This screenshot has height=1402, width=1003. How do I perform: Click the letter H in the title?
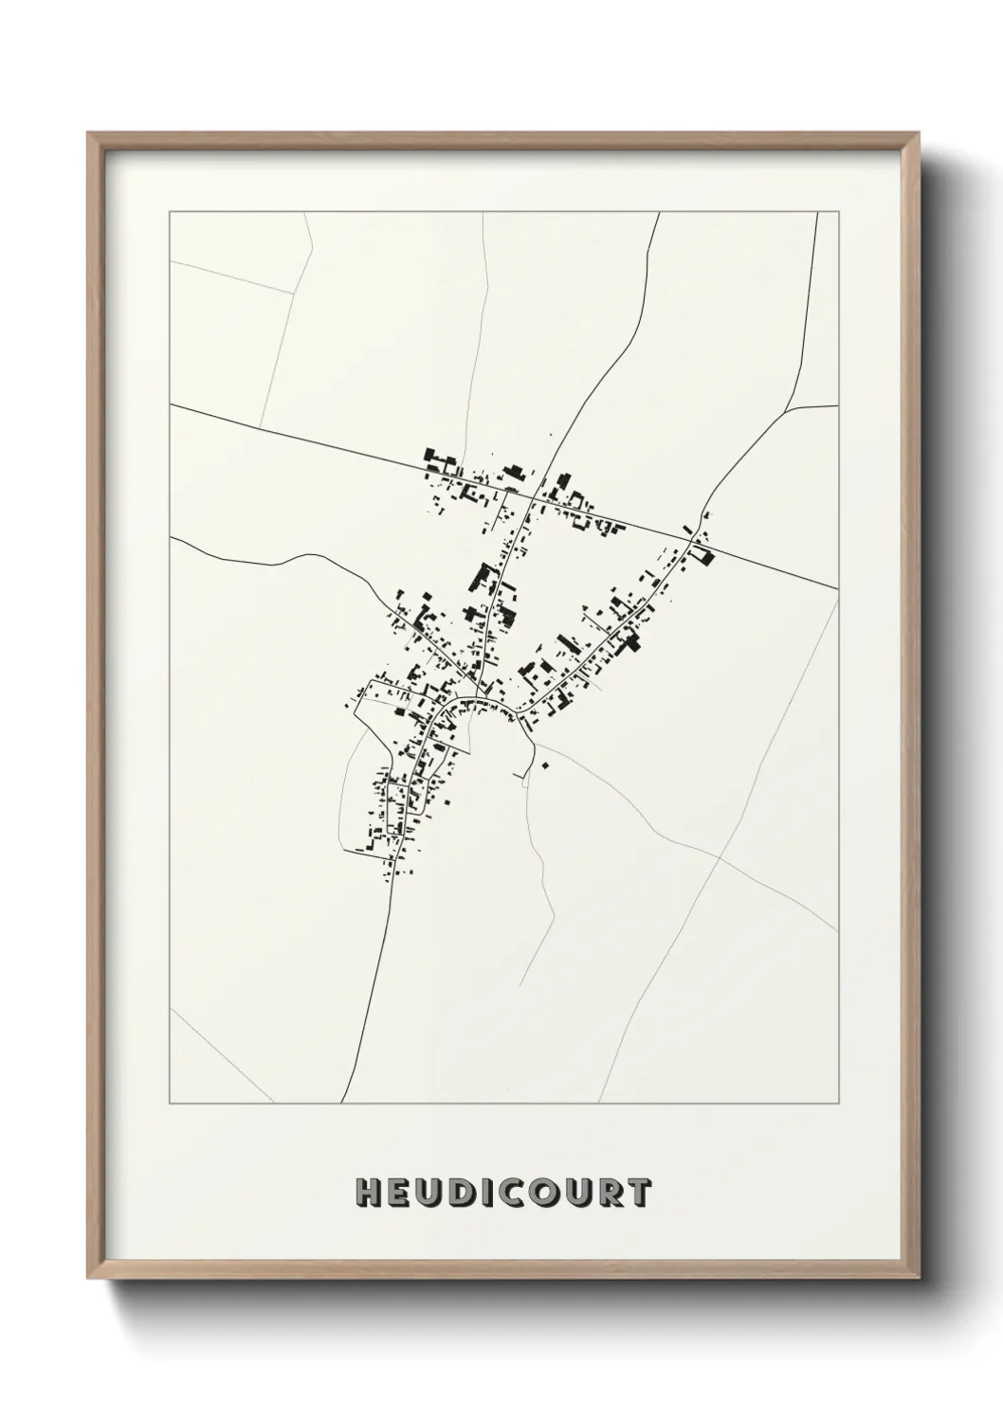point(367,1194)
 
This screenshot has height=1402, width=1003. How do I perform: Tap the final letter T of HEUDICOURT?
point(638,1194)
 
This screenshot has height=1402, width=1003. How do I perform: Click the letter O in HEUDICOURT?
point(543,1194)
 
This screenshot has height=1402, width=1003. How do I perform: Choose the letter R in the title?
point(610,1194)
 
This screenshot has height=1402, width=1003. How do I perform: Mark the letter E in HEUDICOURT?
point(398,1194)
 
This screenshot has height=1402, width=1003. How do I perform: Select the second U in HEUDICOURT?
point(577,1194)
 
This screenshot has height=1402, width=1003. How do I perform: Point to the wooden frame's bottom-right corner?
point(922,1280)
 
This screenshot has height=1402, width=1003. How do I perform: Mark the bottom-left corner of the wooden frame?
point(88,1280)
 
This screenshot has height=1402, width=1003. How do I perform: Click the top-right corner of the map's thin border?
point(839,212)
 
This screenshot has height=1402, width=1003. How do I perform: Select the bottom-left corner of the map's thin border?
point(170,1104)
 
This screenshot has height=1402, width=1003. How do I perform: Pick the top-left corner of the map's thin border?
point(170,212)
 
